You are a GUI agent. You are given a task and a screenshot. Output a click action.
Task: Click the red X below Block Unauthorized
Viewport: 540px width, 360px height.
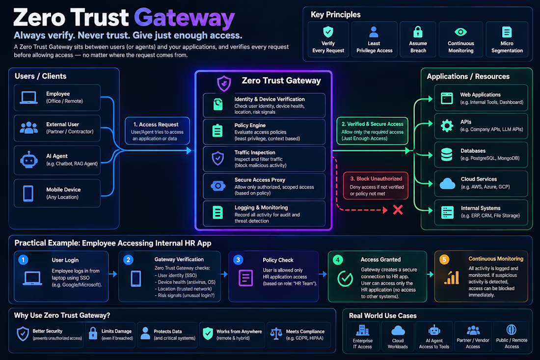click(x=398, y=209)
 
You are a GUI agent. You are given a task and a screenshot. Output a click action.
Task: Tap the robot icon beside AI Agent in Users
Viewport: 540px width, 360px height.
click(x=29, y=160)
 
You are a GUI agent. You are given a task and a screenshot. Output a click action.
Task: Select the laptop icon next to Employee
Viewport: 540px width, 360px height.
click(x=28, y=98)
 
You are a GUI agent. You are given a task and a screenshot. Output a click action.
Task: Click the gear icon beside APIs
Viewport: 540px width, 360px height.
click(x=447, y=126)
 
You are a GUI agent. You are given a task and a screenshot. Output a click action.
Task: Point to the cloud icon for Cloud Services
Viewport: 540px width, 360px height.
click(x=447, y=183)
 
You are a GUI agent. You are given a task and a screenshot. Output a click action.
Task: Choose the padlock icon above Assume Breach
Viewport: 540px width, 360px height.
click(x=418, y=32)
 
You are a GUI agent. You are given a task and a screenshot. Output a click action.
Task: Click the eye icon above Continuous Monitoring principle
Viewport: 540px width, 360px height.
click(x=460, y=32)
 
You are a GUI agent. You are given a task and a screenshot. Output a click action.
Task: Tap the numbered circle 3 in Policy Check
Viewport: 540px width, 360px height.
click(x=238, y=260)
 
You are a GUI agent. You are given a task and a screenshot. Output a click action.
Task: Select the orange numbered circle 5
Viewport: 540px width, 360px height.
click(x=444, y=259)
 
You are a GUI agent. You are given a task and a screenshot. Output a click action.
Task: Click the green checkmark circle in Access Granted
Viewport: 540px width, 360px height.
click(x=345, y=278)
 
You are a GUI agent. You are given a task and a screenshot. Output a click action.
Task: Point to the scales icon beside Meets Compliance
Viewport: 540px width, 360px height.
click(x=276, y=333)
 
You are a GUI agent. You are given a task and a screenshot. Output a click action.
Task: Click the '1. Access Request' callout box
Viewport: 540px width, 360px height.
click(x=157, y=131)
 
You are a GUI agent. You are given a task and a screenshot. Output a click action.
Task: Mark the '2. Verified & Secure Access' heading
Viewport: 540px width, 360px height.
click(x=372, y=124)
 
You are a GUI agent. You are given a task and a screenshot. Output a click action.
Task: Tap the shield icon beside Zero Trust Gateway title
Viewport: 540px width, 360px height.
click(x=224, y=83)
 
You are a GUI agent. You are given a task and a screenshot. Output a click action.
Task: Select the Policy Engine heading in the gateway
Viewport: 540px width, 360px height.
click(x=250, y=125)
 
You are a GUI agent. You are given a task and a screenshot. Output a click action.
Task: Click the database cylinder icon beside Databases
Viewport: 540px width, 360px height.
click(x=447, y=155)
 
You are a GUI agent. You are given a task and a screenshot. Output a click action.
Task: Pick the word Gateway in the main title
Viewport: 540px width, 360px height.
click(x=184, y=18)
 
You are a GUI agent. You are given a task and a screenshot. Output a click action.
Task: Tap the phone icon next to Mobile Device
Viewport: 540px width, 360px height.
click(x=28, y=194)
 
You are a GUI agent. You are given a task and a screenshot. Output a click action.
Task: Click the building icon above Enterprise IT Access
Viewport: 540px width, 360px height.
click(x=362, y=330)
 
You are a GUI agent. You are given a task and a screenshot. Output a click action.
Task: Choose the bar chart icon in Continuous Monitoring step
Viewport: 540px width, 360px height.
click(x=452, y=277)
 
